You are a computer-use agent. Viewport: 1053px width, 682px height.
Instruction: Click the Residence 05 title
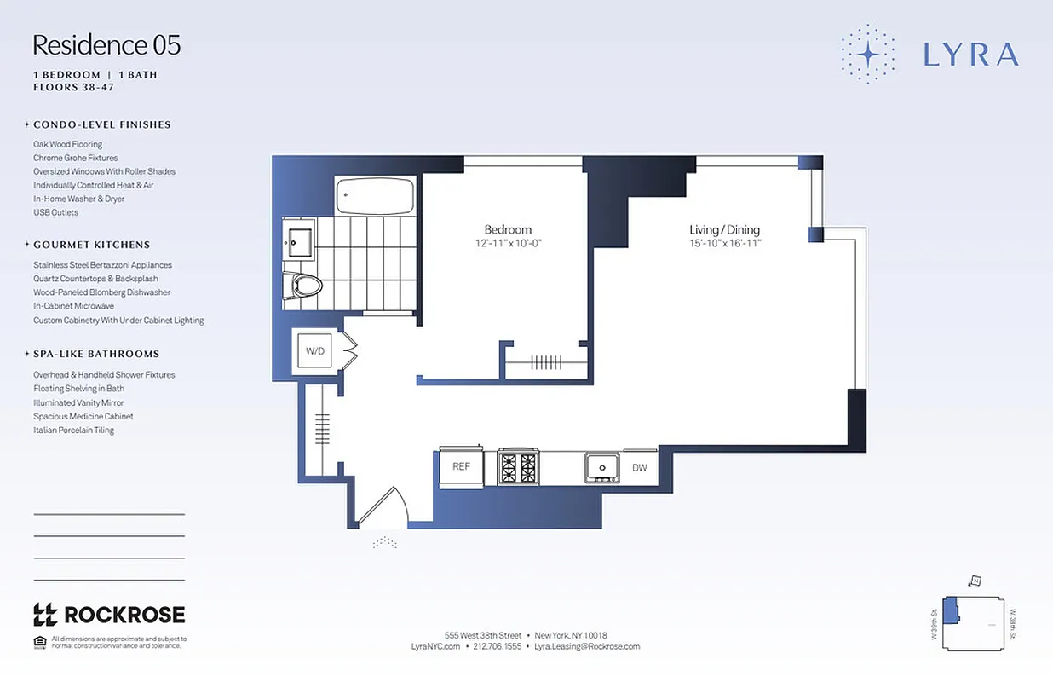click(x=106, y=45)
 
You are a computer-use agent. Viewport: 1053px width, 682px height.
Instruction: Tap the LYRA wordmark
click(x=971, y=55)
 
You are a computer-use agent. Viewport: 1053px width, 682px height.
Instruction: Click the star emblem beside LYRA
click(x=867, y=54)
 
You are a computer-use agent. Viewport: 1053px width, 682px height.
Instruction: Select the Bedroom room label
click(x=508, y=229)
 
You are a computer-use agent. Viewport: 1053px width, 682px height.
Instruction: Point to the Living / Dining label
click(x=724, y=229)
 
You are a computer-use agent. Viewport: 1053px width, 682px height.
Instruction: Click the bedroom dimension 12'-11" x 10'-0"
click(x=508, y=243)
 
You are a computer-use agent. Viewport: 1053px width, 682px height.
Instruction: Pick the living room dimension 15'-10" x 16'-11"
click(x=724, y=243)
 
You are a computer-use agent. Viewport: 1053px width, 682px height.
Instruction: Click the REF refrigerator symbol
click(x=461, y=466)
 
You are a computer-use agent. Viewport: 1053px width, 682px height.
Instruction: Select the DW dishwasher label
click(x=639, y=467)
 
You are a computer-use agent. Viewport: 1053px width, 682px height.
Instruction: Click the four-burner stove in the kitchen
click(x=518, y=467)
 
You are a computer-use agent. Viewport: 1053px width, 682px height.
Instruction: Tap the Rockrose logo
click(x=108, y=615)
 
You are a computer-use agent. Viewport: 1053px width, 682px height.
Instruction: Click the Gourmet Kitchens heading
click(x=92, y=245)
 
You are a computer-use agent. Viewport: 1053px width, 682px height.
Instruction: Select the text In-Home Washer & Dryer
click(x=79, y=199)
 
